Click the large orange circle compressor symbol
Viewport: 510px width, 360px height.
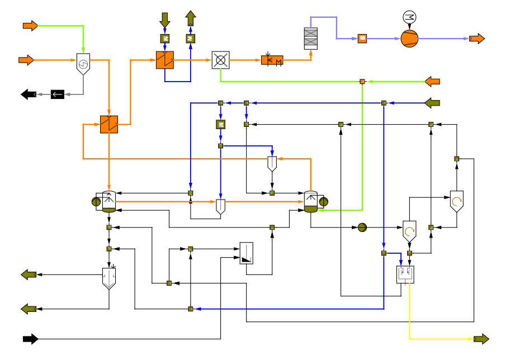(x=409, y=39)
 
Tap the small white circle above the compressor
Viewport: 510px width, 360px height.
(x=409, y=17)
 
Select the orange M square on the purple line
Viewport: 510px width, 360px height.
(x=362, y=39)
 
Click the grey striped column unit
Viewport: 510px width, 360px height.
(x=311, y=39)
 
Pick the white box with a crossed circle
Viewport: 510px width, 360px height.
(x=220, y=60)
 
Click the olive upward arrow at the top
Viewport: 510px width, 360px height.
(x=191, y=18)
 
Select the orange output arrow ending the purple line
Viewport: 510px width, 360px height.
(x=477, y=39)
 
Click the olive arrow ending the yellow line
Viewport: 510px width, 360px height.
(x=481, y=339)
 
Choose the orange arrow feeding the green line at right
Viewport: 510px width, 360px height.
(x=432, y=82)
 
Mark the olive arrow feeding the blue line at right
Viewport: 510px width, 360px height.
(x=432, y=103)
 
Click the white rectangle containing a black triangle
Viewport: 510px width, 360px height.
(x=247, y=253)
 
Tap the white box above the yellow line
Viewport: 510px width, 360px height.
(x=405, y=274)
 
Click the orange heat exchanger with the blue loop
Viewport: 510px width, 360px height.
(x=165, y=60)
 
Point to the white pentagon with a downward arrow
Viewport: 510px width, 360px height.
(x=109, y=278)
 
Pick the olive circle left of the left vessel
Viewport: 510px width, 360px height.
(x=96, y=202)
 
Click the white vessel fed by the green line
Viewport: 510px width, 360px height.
(x=311, y=201)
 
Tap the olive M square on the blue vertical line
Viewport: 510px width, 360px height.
(x=220, y=125)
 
